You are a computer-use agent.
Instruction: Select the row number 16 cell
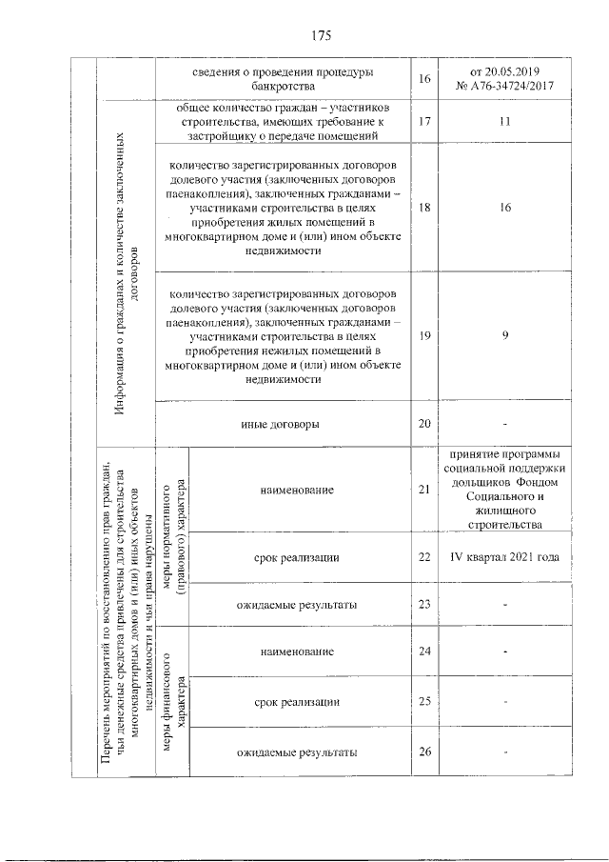(x=424, y=80)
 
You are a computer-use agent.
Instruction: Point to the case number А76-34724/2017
(x=505, y=88)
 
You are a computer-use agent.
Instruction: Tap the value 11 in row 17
(x=505, y=122)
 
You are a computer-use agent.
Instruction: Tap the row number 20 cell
(x=424, y=423)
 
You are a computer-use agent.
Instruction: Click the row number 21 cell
(x=424, y=490)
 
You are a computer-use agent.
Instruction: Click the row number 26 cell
(x=424, y=752)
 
